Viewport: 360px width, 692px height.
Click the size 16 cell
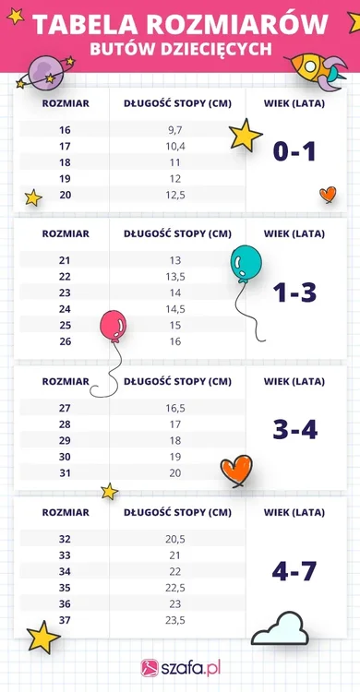[x=64, y=130]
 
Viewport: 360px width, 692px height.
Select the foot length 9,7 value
[x=175, y=130]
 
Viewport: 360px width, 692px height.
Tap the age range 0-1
[x=294, y=150]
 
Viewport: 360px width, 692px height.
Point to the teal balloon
[x=245, y=263]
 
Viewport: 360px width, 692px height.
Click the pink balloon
[x=113, y=326]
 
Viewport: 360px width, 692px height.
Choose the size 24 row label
[x=64, y=309]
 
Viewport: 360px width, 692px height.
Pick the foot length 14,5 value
[x=175, y=309]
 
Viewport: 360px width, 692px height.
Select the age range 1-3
[x=294, y=292]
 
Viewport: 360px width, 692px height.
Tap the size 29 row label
[x=64, y=440]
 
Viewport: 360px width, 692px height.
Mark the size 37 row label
[x=64, y=619]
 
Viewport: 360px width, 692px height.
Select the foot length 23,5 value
[x=175, y=619]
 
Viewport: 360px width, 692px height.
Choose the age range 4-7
[x=294, y=571]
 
